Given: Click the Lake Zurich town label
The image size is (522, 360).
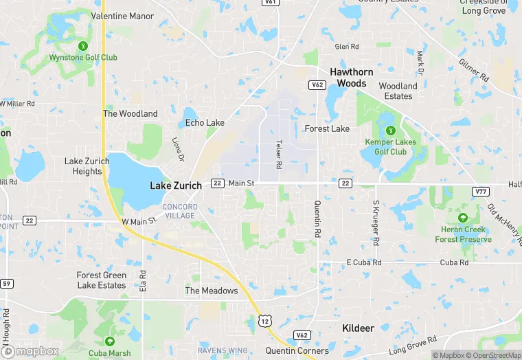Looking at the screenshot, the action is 176,185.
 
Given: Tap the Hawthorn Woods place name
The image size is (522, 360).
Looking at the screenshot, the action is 351,77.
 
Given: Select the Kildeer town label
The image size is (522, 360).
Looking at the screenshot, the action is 358,328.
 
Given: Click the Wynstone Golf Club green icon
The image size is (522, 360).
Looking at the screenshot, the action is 83,46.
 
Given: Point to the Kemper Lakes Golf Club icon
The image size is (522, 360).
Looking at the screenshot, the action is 390,130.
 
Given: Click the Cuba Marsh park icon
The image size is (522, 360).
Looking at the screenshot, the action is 109,341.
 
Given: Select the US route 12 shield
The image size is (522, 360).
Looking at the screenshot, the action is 265,320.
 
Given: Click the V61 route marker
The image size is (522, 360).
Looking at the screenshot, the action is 271,3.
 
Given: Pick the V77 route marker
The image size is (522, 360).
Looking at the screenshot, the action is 481,191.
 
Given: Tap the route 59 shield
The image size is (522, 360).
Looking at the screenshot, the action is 7,283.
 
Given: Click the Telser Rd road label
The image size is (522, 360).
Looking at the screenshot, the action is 279,155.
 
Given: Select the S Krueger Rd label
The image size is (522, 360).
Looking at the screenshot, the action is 376,223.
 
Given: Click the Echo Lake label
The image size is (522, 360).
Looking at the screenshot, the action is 205,123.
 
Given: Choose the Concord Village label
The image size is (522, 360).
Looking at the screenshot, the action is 179,211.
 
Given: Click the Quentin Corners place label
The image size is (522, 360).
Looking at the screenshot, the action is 298,350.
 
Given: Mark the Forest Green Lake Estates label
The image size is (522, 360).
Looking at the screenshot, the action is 101,280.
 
